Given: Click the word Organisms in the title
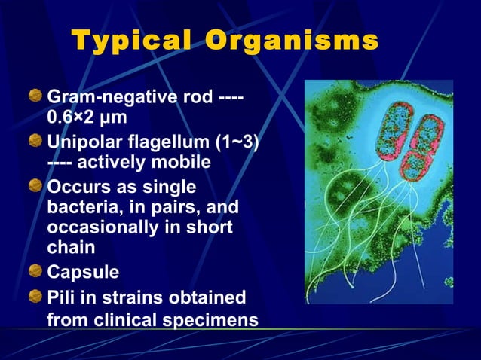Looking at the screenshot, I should coord(290,41).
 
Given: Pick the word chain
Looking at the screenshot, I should coord(69,248).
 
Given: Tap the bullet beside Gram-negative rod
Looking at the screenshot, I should coord(35,96).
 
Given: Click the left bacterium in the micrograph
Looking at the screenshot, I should coord(384,128).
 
